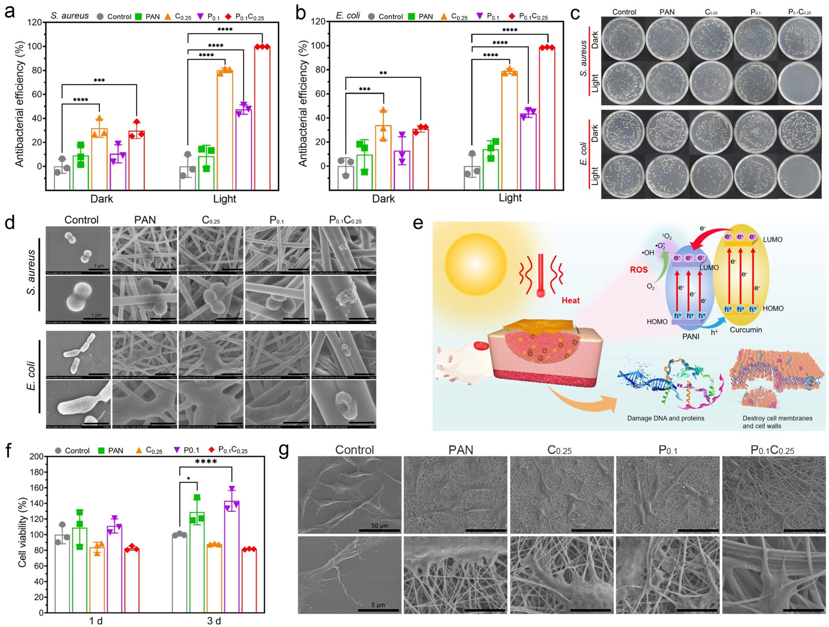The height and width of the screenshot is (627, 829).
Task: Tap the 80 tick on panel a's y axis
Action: tap(36, 70)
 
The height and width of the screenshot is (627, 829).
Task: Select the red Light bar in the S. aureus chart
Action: tap(262, 117)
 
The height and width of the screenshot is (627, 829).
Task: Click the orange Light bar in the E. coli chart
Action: tap(509, 130)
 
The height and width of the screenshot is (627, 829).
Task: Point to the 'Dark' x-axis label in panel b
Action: tap(383, 199)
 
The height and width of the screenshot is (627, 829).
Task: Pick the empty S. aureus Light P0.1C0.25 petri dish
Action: tap(799, 82)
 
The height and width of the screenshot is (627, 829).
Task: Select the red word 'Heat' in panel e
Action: tap(570, 301)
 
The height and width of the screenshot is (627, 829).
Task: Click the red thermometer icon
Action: tap(541, 275)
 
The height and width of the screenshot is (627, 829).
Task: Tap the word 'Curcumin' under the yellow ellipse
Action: tap(746, 330)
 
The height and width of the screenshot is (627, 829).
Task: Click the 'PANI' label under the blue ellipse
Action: tap(691, 336)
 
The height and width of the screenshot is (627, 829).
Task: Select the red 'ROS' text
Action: tap(638, 270)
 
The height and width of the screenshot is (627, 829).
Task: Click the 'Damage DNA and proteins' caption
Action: tap(665, 418)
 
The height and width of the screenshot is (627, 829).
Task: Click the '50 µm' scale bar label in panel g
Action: tap(379, 526)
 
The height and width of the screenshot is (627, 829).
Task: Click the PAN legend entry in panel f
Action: tap(111, 450)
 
